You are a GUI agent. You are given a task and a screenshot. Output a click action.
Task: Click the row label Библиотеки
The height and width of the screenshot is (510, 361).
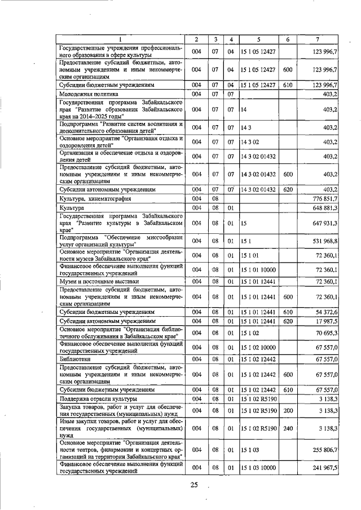[x=77, y=358]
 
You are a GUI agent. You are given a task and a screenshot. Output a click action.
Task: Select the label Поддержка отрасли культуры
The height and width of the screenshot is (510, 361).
[x=96, y=399]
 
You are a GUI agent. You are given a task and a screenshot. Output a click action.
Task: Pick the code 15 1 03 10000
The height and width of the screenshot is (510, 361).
[x=259, y=467]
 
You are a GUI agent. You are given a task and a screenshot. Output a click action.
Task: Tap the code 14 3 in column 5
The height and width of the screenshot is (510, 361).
[x=245, y=128]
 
